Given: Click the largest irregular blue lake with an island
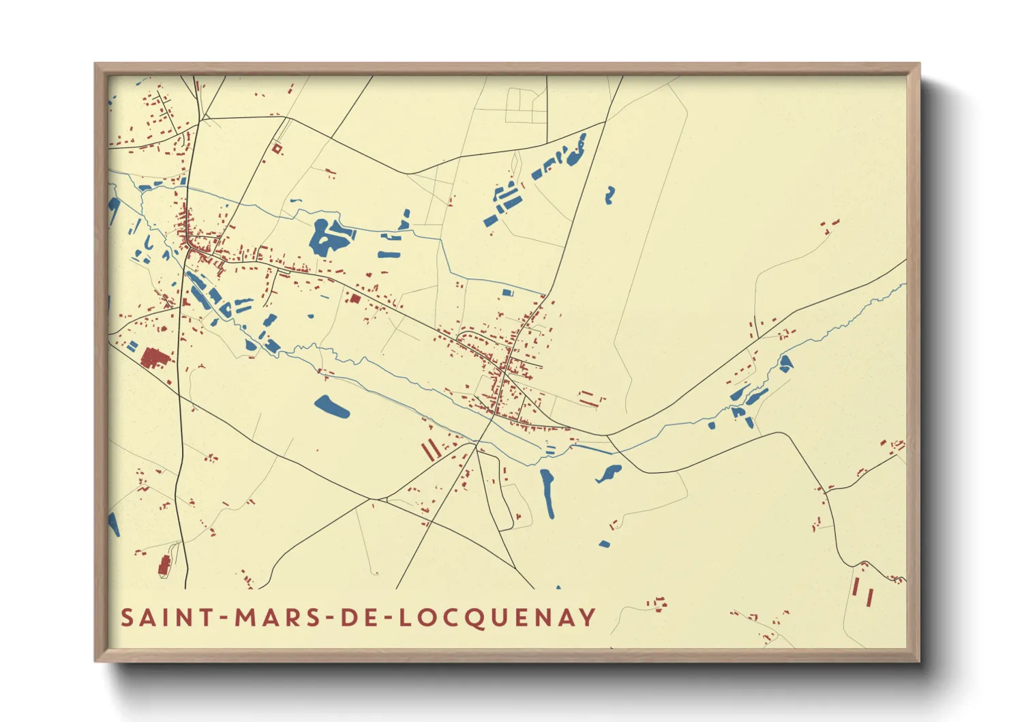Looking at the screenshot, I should (329, 237).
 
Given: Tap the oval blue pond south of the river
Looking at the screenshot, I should (332, 407).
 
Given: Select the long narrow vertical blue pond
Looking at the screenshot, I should (547, 493).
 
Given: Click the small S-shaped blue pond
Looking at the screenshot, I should (609, 194).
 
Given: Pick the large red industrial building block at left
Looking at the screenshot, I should (154, 358).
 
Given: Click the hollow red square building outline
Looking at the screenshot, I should (277, 147).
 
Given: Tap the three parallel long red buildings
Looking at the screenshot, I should (430, 450).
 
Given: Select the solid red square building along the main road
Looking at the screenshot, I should (354, 298).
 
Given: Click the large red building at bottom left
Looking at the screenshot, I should (164, 565).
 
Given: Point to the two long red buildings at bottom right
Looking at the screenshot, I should (862, 592).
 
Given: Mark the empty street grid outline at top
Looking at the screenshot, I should (526, 106).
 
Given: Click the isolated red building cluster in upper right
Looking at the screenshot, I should (830, 225).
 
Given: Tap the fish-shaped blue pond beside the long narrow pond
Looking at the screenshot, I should (608, 473).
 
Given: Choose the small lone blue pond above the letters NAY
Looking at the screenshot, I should (604, 544).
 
